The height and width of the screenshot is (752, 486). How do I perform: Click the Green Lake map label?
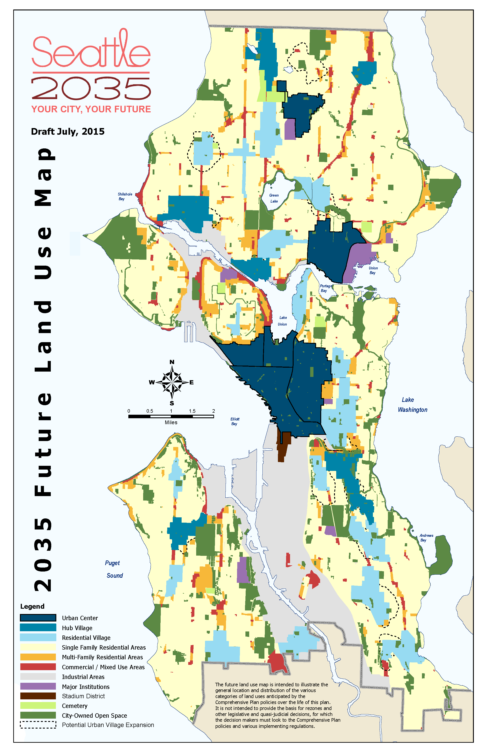(x=274, y=198)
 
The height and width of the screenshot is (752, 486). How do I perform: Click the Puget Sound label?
(x=114, y=569)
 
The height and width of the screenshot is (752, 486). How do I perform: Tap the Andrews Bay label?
(x=426, y=538)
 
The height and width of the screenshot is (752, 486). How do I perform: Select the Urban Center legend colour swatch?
(x=38, y=618)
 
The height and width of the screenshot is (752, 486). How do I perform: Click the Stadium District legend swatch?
(x=38, y=696)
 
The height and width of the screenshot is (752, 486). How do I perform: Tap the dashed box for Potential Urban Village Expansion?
(x=38, y=725)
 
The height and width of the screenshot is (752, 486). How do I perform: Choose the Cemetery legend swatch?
(x=38, y=706)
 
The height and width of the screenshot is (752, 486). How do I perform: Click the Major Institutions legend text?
(x=85, y=687)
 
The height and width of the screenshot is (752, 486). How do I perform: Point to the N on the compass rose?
(x=172, y=362)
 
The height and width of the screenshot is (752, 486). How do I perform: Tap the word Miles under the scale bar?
(x=171, y=422)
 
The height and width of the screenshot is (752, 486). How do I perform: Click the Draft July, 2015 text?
(x=68, y=131)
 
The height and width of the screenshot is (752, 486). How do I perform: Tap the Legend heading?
(x=32, y=606)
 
